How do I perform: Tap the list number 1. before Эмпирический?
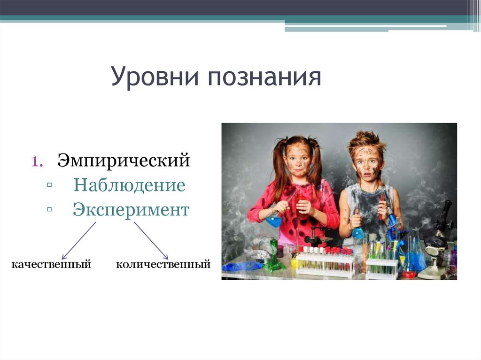(x=38, y=161)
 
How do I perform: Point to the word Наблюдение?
(x=129, y=185)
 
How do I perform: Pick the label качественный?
(x=51, y=265)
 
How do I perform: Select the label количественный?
(x=163, y=265)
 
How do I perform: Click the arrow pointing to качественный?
(x=78, y=240)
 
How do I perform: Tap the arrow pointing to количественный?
(x=151, y=240)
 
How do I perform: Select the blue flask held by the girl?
(x=273, y=220)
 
